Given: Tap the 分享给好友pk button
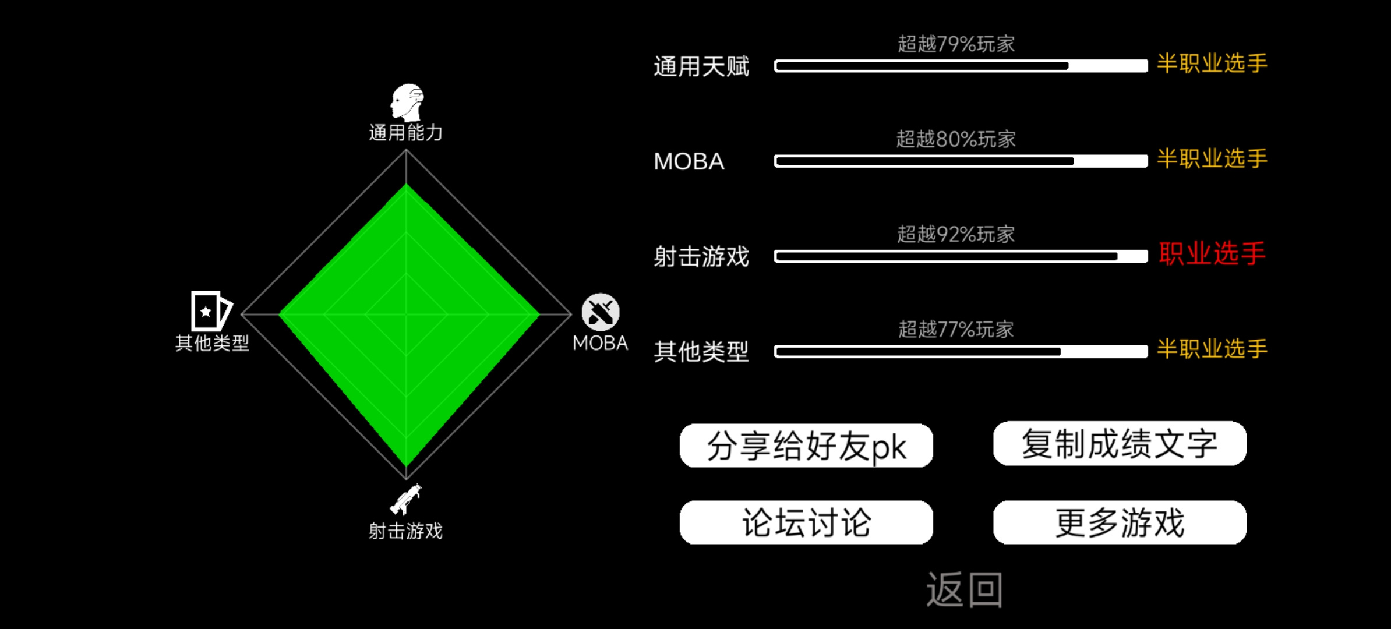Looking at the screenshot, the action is (x=806, y=446).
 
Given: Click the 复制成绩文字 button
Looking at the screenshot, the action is (x=1120, y=443).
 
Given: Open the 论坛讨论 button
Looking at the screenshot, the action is (x=806, y=522).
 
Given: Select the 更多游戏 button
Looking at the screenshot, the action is (x=1120, y=522).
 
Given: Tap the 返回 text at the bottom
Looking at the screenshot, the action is (x=965, y=590).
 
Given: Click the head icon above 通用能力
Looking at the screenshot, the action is (x=407, y=102).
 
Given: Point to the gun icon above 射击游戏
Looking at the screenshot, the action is (x=406, y=500).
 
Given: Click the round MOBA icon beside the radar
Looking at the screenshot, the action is (x=601, y=312).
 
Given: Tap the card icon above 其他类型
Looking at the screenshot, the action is (x=211, y=310).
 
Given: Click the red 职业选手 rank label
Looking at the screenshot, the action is (x=1212, y=254).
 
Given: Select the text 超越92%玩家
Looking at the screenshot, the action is (x=956, y=234).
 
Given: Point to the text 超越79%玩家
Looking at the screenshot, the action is (x=956, y=44).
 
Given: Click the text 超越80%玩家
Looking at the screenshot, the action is (x=956, y=139).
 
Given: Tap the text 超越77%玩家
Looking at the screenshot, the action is (x=956, y=330).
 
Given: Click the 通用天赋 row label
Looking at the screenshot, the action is (x=701, y=66).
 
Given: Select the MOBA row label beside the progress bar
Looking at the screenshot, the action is (x=689, y=161).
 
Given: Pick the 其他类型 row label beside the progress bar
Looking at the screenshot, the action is (x=701, y=352).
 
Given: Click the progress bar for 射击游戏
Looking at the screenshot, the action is (x=961, y=257).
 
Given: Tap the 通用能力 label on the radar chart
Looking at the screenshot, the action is (x=406, y=133).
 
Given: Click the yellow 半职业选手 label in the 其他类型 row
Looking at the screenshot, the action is (x=1212, y=349).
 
